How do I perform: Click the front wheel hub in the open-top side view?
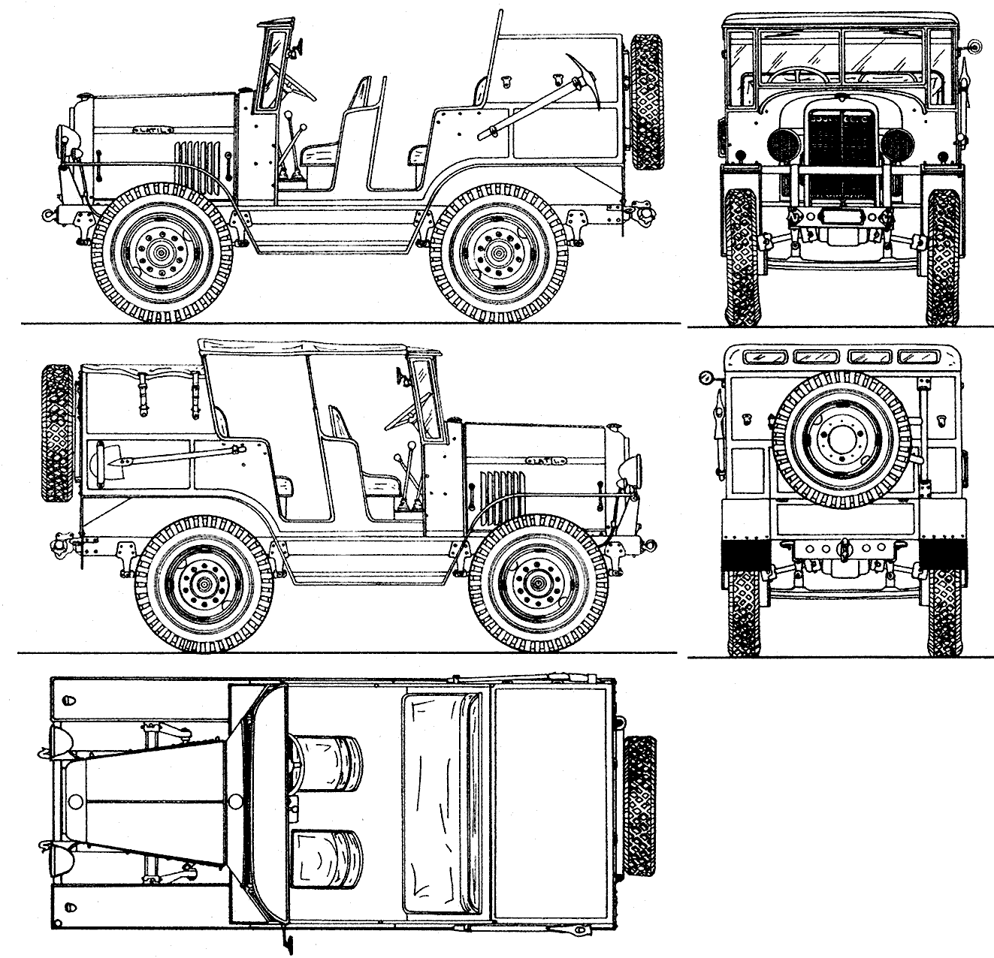(x=162, y=253)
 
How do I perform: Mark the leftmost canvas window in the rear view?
(x=758, y=357)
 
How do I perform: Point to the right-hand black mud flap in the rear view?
(x=939, y=553)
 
